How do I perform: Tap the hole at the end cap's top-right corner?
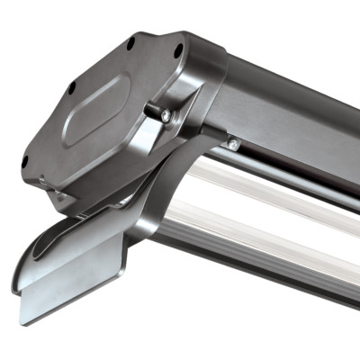177,51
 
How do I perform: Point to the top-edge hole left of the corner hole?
130,42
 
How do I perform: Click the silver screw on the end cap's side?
165,114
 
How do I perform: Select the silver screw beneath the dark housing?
233,144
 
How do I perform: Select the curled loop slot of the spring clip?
63,243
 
